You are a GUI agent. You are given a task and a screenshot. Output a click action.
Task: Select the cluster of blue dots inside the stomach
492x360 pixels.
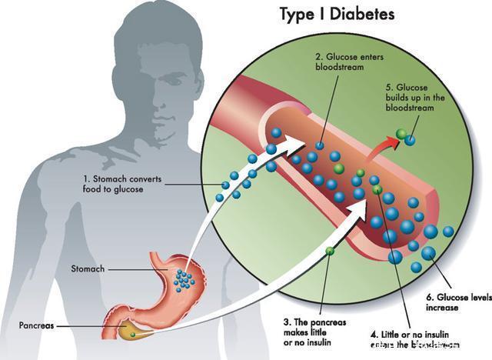pos(183,278)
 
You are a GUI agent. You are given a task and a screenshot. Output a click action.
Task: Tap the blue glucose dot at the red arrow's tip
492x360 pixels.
pos(411,140)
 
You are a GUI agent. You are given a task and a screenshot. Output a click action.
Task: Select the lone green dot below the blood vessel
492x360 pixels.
pos(330,251)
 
